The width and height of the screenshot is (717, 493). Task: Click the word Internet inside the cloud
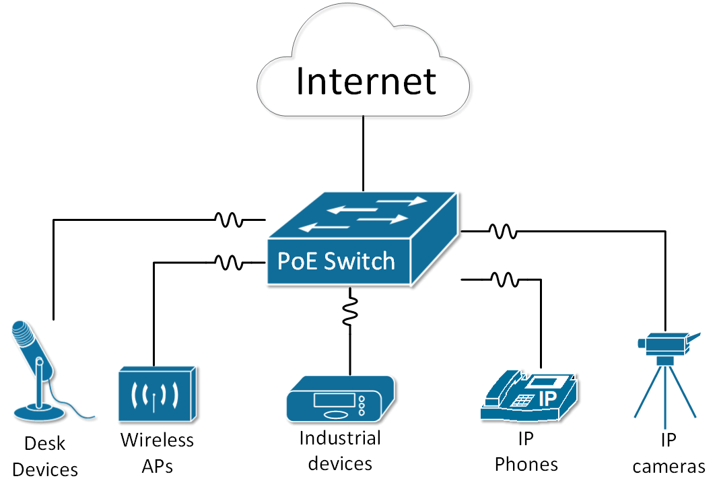point(366,80)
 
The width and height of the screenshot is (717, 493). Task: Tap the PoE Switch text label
point(337,261)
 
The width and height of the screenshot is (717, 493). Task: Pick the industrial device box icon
point(340,399)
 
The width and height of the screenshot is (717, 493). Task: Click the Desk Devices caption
point(45,456)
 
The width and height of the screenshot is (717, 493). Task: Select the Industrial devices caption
point(340,451)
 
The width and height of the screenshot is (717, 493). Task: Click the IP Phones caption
point(526,452)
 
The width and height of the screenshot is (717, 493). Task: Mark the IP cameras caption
point(668,453)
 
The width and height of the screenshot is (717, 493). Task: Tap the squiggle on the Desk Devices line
point(228,220)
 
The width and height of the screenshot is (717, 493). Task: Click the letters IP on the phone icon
point(547,398)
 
